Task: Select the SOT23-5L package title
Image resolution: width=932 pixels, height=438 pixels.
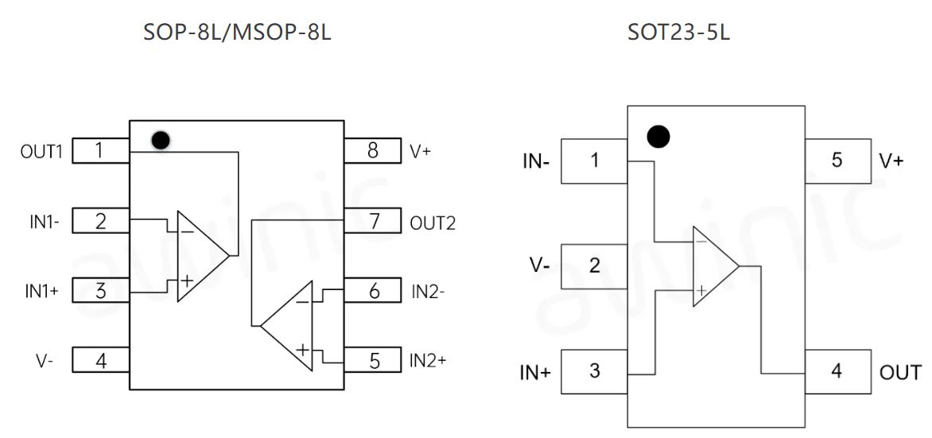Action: click(678, 33)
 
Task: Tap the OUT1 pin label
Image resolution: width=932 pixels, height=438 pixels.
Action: click(41, 151)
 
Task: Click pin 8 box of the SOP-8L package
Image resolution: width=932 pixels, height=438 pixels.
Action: click(372, 150)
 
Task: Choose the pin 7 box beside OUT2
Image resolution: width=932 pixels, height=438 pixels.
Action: click(372, 221)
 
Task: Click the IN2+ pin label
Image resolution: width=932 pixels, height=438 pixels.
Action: click(428, 360)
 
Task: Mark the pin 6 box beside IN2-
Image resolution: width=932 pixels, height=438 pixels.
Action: click(372, 291)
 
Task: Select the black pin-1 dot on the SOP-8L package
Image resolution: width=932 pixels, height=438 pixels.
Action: click(160, 141)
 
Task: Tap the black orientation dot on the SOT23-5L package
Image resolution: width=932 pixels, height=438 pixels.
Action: click(658, 137)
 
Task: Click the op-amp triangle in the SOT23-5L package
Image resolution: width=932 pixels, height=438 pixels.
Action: click(713, 266)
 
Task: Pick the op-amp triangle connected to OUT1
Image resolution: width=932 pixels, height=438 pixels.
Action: click(199, 256)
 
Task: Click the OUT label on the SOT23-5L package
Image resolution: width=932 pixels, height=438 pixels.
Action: click(900, 371)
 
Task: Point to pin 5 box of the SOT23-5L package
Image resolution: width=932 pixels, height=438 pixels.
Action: click(837, 161)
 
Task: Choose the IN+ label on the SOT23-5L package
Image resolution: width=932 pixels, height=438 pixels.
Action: click(535, 371)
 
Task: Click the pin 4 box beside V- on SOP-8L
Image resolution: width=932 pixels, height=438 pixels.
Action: click(101, 361)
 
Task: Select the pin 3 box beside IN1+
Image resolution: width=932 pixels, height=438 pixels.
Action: click(101, 291)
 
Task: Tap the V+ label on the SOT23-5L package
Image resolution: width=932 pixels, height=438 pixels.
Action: click(891, 161)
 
